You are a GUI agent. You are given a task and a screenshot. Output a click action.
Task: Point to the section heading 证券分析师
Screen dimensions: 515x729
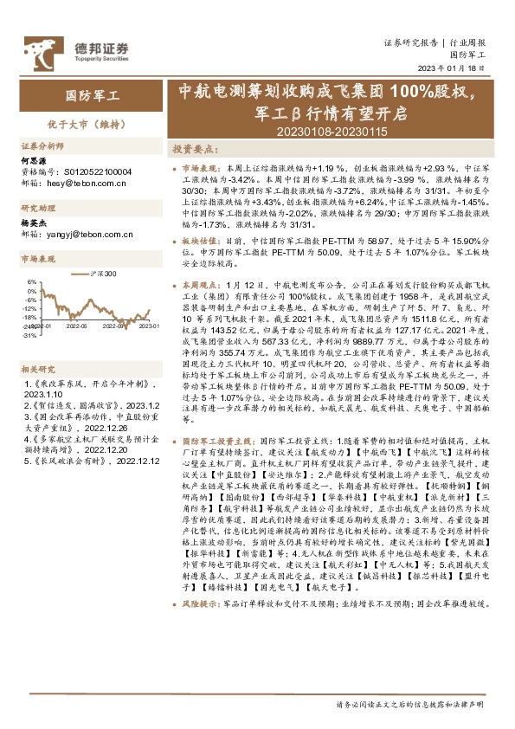pos(42,146)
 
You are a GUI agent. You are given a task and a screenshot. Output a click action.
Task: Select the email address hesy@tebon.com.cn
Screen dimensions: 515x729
pos(84,184)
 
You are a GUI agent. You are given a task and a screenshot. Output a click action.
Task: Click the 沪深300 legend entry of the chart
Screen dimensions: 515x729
pos(102,274)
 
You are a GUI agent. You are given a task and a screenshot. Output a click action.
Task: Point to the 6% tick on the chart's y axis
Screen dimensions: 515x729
pos(32,281)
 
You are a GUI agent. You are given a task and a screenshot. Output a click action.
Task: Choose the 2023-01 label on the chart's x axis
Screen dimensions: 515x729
pos(149,326)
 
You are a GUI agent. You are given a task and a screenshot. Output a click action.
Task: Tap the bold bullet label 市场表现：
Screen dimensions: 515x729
pos(202,165)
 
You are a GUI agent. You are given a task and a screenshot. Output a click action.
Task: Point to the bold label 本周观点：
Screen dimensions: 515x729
pos(202,285)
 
